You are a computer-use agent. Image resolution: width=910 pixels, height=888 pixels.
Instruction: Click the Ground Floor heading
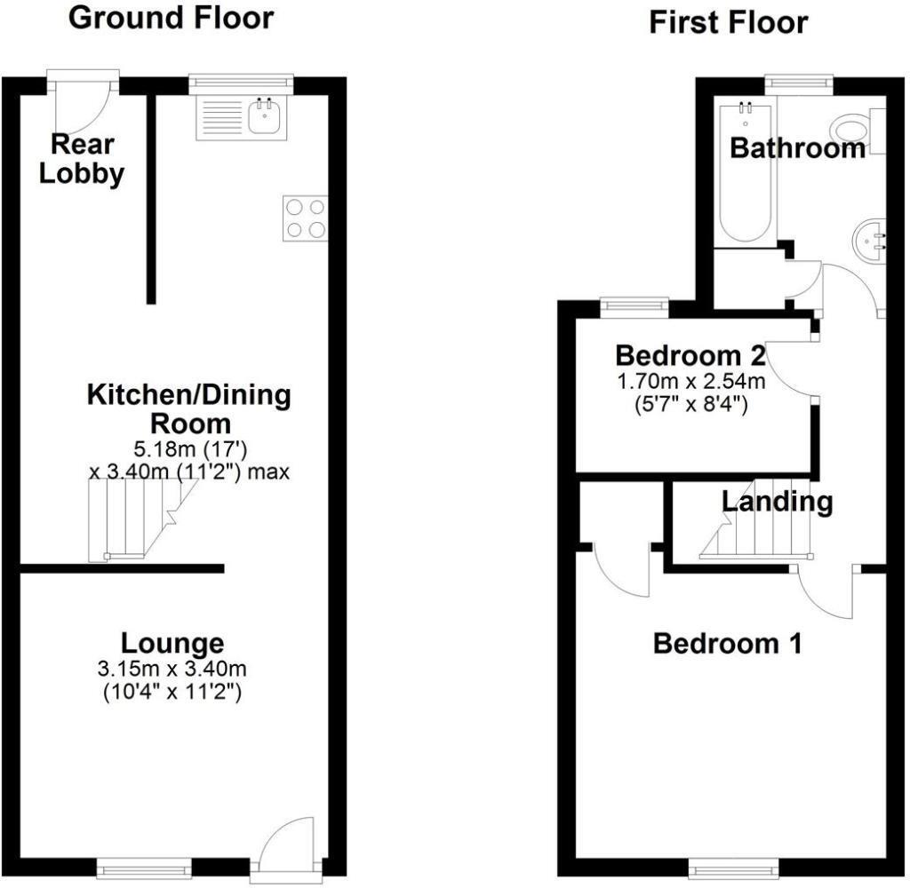coord(172,18)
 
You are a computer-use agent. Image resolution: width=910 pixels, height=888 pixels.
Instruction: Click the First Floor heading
coord(728,22)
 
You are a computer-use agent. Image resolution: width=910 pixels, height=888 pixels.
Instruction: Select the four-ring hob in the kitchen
coord(305,218)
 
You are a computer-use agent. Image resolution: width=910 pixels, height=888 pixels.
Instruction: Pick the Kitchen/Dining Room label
coord(188,408)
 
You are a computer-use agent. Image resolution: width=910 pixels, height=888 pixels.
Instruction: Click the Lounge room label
coord(172,642)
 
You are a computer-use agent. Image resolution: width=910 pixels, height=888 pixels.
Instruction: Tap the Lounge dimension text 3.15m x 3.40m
coord(173,667)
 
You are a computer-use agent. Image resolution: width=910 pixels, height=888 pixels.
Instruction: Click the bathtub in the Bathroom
coord(747,173)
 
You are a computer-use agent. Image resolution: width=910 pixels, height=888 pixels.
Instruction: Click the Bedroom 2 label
coord(690,356)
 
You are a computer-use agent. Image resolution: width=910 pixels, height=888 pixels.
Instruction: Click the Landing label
coord(777,502)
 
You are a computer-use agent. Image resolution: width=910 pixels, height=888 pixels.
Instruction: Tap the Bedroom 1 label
coord(727,643)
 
